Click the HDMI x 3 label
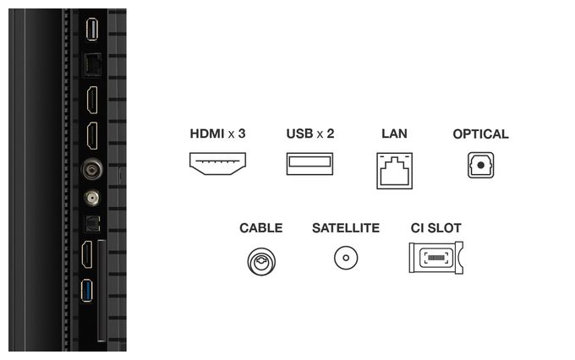coord(217,134)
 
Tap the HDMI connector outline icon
coord(217,163)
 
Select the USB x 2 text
coord(309,134)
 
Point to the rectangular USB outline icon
coord(309,163)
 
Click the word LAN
coord(394,134)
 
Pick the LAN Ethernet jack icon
coord(394,171)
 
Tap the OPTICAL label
coord(480,134)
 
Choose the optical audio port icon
coord(480,166)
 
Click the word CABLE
coord(260,227)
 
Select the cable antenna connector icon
coord(261,262)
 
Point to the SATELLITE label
coord(346,227)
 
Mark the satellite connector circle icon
coord(346,258)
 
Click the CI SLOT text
coord(435,227)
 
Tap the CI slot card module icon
coord(435,258)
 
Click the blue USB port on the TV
coord(87,291)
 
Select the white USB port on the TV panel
coord(91,29)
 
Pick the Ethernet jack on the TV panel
coord(92,64)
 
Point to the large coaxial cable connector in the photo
coord(91,169)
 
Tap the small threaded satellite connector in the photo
coord(91,199)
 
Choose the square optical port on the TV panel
coord(92,224)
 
